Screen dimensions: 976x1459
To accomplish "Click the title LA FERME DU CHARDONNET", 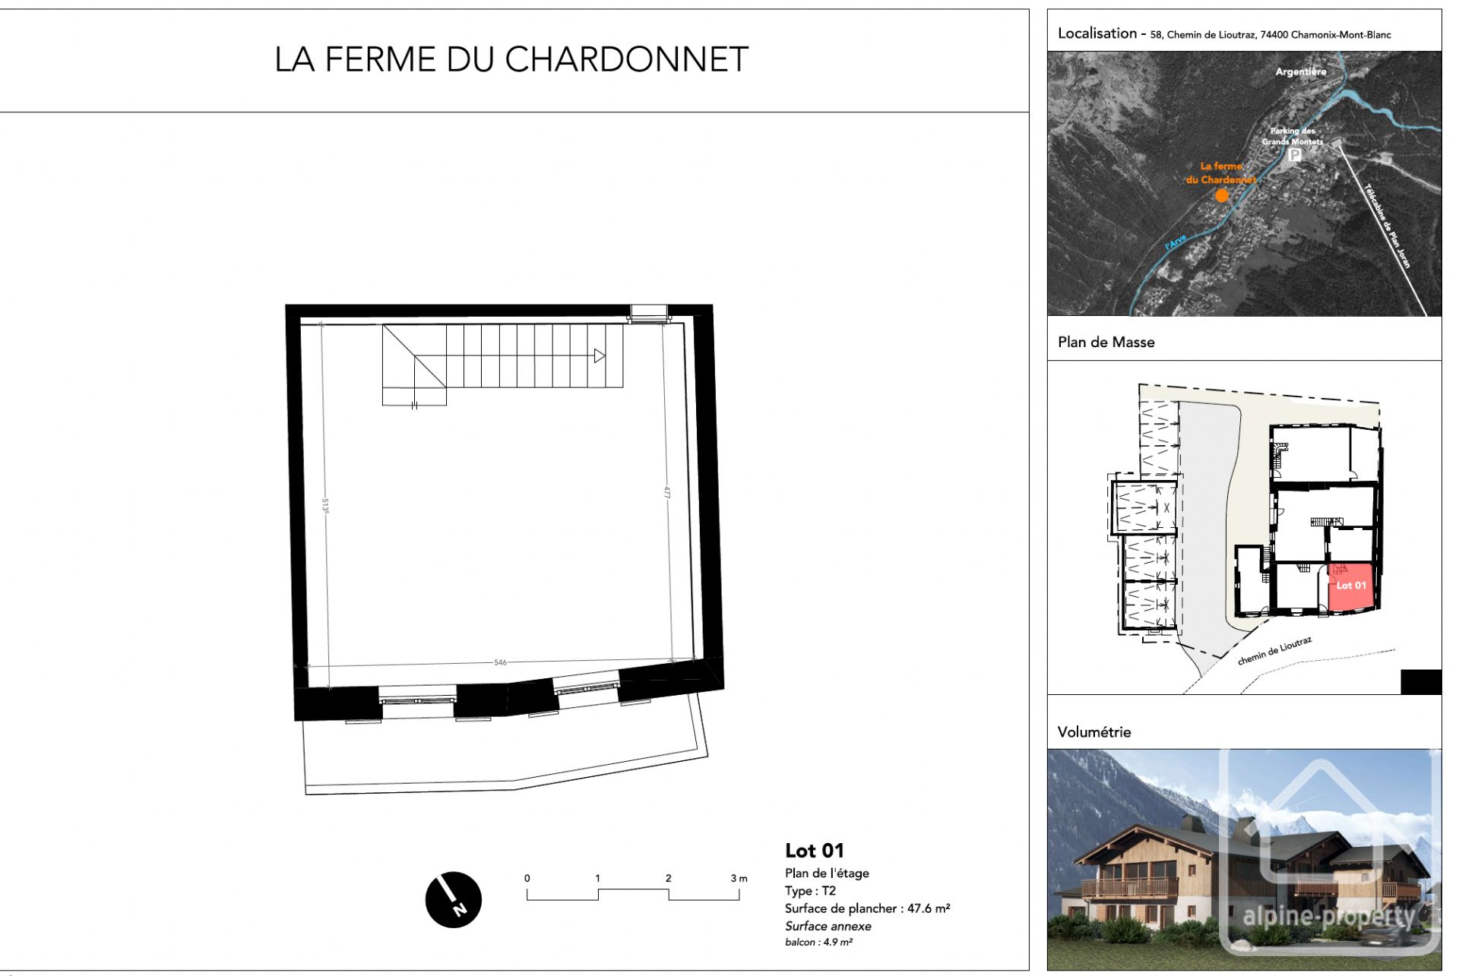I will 511,59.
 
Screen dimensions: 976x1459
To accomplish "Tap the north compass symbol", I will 454,899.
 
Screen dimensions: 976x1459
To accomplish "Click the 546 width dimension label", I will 500,663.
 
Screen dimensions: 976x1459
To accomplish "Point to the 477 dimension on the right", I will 667,492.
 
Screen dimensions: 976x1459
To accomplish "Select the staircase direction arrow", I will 600,355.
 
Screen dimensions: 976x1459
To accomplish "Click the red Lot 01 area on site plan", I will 1351,586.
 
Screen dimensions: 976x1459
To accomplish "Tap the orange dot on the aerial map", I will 1222,195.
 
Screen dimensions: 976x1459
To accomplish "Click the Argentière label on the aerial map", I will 1301,71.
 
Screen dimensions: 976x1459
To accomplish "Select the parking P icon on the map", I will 1294,155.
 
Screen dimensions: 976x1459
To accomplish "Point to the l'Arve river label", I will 1176,243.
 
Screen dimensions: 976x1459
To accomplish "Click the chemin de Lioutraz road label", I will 1274,651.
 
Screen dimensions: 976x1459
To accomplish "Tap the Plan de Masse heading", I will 1106,343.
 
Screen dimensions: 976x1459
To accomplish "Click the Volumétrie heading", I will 1094,732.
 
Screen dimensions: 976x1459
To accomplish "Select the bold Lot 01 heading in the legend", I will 814,851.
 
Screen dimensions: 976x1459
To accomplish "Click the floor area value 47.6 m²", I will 928,908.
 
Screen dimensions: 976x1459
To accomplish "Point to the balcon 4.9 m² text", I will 818,943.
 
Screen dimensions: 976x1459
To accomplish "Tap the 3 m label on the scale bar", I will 739,878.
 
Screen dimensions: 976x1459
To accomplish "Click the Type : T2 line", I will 810,891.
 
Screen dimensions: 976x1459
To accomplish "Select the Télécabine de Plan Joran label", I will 1388,226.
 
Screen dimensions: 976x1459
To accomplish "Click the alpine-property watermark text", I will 1328,917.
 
